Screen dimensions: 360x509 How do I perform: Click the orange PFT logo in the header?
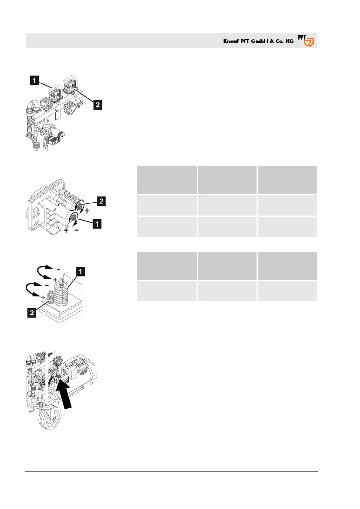[x=306, y=41]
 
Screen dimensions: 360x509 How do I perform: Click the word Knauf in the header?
[x=231, y=41]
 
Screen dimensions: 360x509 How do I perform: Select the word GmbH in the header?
[x=260, y=41]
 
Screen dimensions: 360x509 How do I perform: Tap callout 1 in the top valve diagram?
[x=34, y=80]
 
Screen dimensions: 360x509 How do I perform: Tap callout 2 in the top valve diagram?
[x=97, y=105]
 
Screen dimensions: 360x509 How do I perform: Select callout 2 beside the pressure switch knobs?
[x=101, y=201]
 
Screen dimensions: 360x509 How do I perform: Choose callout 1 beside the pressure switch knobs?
[x=97, y=224]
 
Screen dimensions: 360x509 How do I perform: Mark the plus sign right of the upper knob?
[x=87, y=211]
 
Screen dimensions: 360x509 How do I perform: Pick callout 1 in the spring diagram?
[x=80, y=271]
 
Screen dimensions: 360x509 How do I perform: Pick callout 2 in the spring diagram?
[x=32, y=313]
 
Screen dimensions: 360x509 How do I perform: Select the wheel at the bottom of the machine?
[x=50, y=418]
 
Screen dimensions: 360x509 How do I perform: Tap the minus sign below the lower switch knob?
[x=77, y=230]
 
